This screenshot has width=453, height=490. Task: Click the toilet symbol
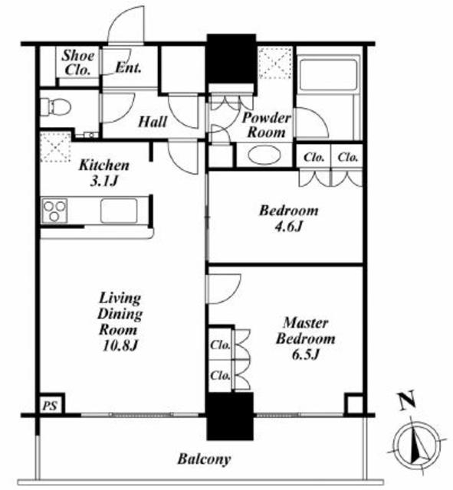[55, 106]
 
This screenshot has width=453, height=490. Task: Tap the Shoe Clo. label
[78, 63]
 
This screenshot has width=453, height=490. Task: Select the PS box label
[50, 406]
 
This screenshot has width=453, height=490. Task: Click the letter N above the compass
[407, 400]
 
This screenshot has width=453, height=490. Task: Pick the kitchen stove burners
[54, 211]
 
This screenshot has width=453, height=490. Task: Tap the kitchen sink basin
[119, 211]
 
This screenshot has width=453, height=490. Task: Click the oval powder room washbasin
[264, 155]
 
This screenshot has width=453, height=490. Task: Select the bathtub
[328, 73]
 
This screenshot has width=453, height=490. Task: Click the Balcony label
[205, 459]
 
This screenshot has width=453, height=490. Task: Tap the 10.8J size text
[120, 345]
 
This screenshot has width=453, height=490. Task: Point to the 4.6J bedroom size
[288, 227]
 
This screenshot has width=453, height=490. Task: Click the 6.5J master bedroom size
[305, 354]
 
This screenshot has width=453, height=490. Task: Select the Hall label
[153, 122]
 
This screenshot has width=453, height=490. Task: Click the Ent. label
[128, 67]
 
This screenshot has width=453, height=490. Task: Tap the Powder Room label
[267, 125]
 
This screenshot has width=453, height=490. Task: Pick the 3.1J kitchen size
[103, 181]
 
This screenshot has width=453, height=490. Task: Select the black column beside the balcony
[230, 416]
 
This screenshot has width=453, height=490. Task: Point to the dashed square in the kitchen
[55, 147]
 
